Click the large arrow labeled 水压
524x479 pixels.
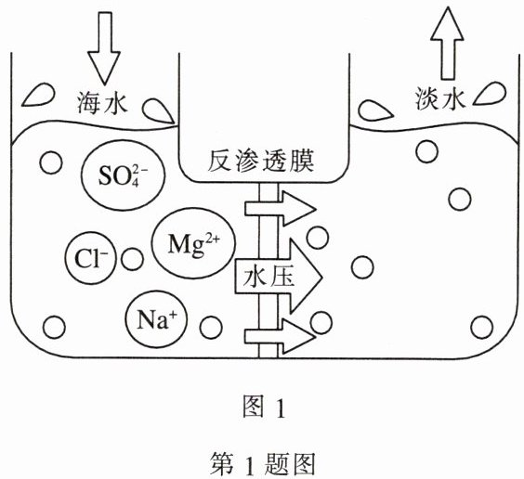[x=279, y=277]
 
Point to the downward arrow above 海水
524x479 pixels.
[x=104, y=48]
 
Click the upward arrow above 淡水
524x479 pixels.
[x=447, y=43]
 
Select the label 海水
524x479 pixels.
[x=102, y=103]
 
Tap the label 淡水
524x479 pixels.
[x=440, y=98]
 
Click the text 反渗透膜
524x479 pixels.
[x=261, y=162]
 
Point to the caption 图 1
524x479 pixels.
[x=264, y=407]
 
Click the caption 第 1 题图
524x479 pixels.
[x=263, y=463]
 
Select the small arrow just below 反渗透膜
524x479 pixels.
[x=281, y=208]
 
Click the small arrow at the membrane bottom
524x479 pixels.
[x=281, y=336]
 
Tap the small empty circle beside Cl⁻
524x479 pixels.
[x=132, y=259]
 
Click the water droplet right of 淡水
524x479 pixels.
[x=490, y=94]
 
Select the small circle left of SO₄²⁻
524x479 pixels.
[x=51, y=162]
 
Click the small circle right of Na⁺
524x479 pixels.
[x=211, y=327]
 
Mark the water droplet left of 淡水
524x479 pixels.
[x=375, y=111]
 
